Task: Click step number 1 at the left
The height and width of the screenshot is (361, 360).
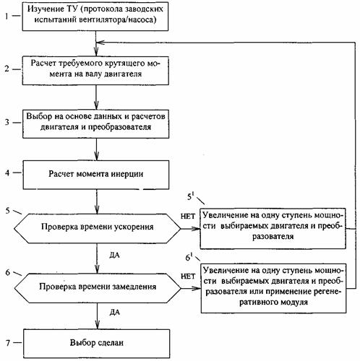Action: point(7,16)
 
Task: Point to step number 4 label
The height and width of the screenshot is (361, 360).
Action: point(7,173)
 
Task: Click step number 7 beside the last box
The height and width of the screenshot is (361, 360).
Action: point(8,342)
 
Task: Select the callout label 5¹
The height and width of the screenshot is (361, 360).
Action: point(190,196)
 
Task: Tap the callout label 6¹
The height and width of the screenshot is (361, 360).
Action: point(189,257)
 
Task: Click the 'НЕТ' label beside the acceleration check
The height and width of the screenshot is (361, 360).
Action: point(188,217)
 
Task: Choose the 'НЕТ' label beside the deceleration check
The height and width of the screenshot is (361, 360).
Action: point(188,277)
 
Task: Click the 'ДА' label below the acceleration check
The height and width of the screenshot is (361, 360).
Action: point(114,255)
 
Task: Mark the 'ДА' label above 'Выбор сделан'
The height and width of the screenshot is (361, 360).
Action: point(114,313)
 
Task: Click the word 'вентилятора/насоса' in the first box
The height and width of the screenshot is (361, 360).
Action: point(116,19)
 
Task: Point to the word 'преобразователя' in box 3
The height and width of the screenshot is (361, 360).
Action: point(119,127)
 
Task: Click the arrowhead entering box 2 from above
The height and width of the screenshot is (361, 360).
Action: point(96,53)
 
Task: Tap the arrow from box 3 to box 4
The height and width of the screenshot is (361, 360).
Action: point(96,149)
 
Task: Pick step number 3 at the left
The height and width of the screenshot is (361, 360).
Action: point(7,122)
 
